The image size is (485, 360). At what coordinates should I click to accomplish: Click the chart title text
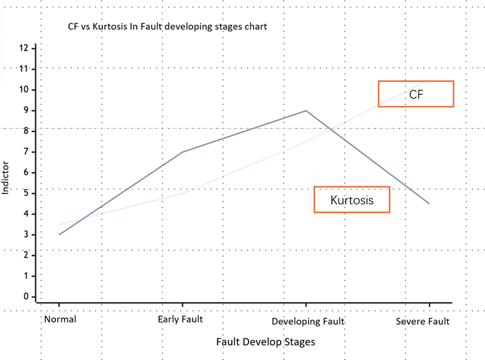(x=167, y=27)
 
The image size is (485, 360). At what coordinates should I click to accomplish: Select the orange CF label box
(x=415, y=94)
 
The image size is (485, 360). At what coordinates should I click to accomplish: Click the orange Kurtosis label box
(x=352, y=200)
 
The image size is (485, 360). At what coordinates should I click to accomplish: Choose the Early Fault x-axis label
(x=181, y=320)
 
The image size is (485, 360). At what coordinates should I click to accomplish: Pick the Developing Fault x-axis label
(x=307, y=322)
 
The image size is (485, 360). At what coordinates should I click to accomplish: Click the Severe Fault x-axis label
(x=423, y=322)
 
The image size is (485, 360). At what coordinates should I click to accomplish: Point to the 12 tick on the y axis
(x=24, y=48)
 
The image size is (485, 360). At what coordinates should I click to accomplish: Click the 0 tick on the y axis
(x=26, y=297)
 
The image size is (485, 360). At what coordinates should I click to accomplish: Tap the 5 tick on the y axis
(x=26, y=193)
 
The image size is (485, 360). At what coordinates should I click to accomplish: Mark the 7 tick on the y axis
(x=26, y=152)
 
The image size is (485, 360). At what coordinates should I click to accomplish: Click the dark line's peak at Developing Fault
(x=306, y=111)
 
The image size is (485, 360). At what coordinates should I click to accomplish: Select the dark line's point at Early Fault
(x=182, y=152)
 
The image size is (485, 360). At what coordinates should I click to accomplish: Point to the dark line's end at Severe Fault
(x=429, y=204)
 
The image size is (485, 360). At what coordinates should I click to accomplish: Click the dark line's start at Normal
(x=59, y=234)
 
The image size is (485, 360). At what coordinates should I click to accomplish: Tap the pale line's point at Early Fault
(x=182, y=193)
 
